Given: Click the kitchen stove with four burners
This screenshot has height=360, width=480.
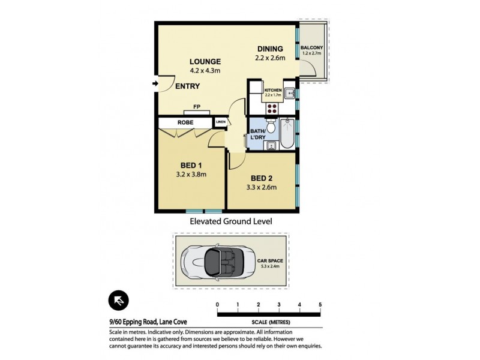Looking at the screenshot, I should (x=272, y=109).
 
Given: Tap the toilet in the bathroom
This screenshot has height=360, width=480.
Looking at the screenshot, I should (x=271, y=127).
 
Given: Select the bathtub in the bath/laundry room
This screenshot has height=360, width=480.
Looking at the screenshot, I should (x=288, y=135).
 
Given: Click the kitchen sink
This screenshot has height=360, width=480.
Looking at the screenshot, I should (x=289, y=94).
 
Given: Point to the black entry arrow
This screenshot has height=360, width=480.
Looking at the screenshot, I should (x=156, y=84).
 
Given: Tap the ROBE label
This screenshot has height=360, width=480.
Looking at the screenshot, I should (x=185, y=122).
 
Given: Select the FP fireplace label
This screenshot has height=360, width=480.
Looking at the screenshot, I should (x=196, y=107).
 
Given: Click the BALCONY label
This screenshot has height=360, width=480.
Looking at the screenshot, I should (x=312, y=47).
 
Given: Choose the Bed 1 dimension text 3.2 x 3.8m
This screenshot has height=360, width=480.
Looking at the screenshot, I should (x=191, y=175).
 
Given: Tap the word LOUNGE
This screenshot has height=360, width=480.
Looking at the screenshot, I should (x=205, y=61).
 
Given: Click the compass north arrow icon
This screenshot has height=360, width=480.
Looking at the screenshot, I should (x=119, y=301).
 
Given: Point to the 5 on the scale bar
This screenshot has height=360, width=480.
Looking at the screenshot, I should (x=320, y=305).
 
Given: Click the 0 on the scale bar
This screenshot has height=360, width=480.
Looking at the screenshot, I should (x=217, y=305).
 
